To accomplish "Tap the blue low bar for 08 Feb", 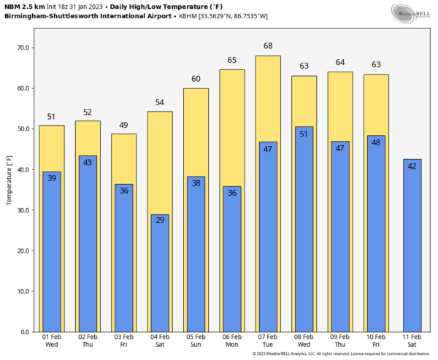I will click(x=304, y=230).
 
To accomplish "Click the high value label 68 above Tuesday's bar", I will click(x=268, y=46).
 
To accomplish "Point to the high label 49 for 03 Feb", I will click(x=123, y=125).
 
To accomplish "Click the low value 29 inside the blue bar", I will click(x=160, y=219).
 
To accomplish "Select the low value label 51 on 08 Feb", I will click(x=304, y=134).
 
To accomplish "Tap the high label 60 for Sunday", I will click(x=196, y=79).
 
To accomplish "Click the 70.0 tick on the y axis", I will click(x=23, y=48).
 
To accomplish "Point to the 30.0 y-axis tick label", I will click(x=23, y=210).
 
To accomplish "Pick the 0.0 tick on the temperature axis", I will click(x=26, y=332).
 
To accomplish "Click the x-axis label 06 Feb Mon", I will click(x=231, y=340).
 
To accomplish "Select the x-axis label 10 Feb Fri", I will click(x=376, y=340).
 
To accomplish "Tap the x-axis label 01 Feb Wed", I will click(x=51, y=340).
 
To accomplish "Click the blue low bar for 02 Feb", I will click(x=88, y=245).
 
